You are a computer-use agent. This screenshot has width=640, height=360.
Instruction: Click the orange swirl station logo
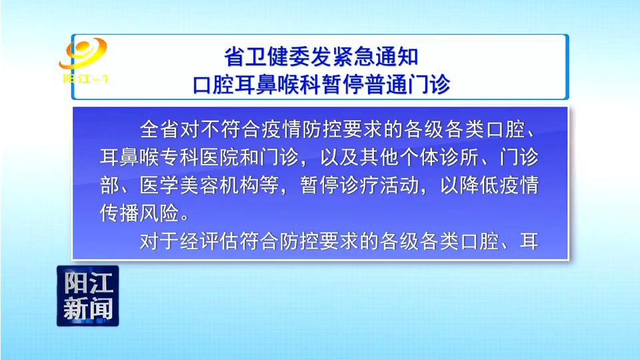pyautogui.click(x=83, y=53)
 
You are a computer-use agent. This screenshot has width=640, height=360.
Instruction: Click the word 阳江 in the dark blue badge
pyautogui.click(x=88, y=283)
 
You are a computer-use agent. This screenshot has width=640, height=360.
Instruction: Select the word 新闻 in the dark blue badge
pyautogui.click(x=88, y=309)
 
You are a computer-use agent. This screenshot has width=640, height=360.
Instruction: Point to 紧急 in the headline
pyautogui.click(x=353, y=56)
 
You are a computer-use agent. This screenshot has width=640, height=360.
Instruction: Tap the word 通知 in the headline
pyautogui.click(x=397, y=56)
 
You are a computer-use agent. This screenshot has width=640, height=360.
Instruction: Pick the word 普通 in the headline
pyautogui.click(x=386, y=84)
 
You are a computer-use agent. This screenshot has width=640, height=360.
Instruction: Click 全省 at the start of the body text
pyautogui.click(x=160, y=129)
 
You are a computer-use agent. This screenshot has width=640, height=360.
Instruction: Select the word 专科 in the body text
pyautogui.click(x=180, y=157)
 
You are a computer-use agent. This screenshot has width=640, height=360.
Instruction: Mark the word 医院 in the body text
pyautogui.click(x=220, y=157)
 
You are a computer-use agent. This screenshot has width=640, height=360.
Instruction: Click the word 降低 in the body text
pyautogui.click(x=479, y=185)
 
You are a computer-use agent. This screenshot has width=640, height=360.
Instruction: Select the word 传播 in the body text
pyautogui.click(x=120, y=213)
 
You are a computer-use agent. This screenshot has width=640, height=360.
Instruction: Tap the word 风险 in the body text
pyautogui.click(x=160, y=213)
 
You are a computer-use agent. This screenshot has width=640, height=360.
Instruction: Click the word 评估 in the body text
pyautogui.click(x=220, y=241)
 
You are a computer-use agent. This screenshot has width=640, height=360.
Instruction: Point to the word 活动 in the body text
pyautogui.click(x=399, y=185)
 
